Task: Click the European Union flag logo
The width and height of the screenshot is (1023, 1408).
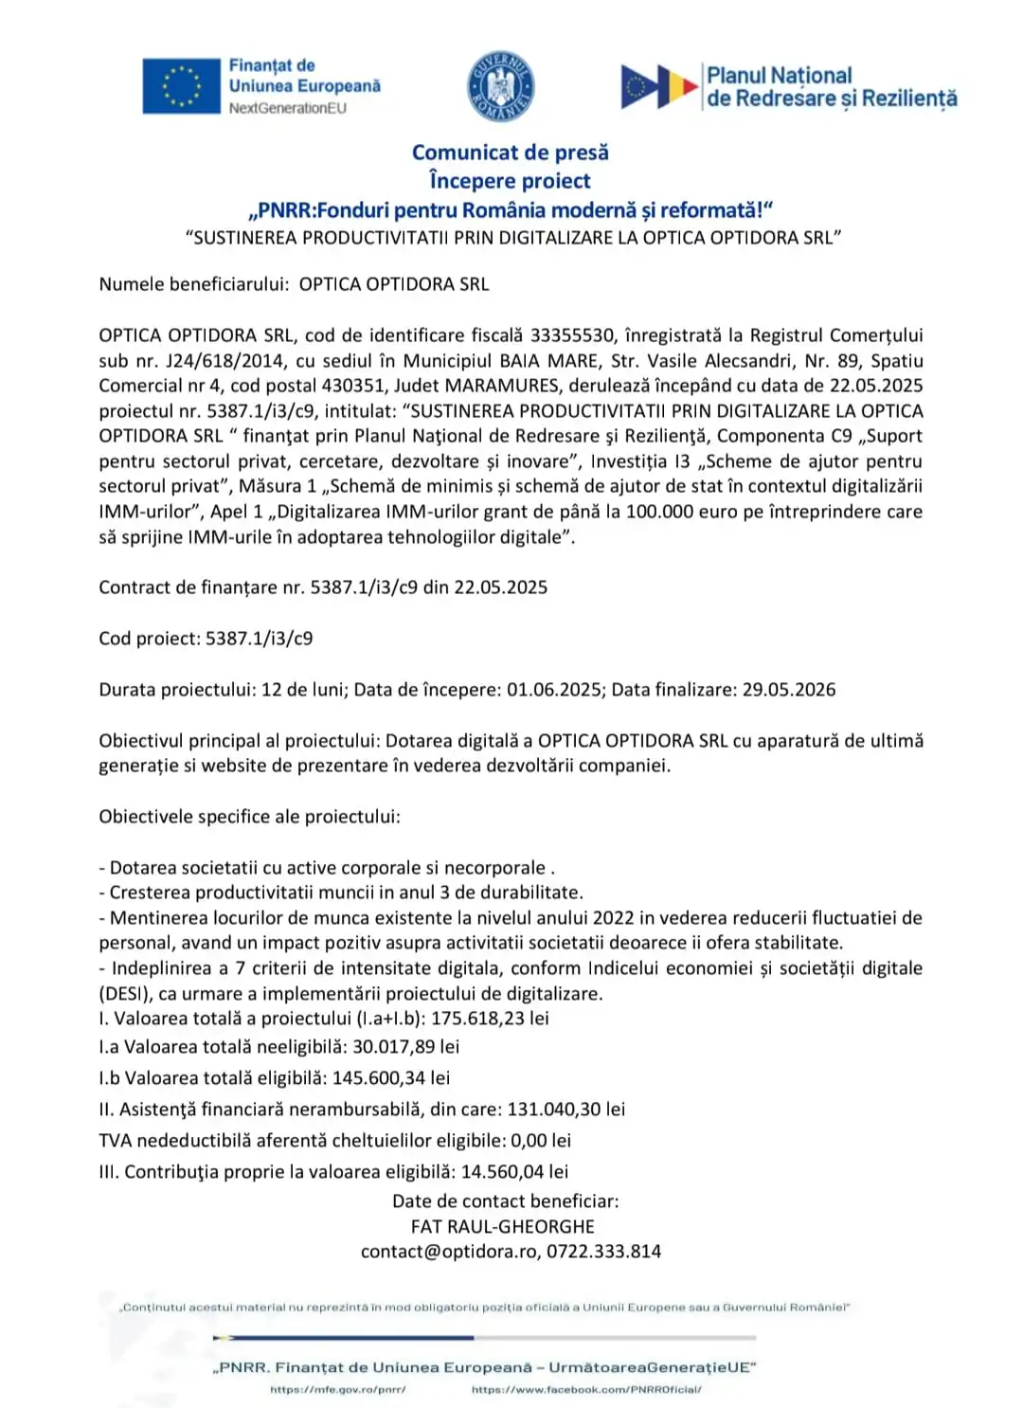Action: coord(181,86)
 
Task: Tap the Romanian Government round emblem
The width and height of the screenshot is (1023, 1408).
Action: coord(501,87)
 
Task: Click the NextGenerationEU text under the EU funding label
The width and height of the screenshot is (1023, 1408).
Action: coord(287,108)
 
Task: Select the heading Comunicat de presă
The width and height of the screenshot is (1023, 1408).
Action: coord(510,153)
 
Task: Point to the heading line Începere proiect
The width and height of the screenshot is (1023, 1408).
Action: coord(510,181)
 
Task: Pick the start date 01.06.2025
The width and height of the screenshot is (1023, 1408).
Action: coord(554,690)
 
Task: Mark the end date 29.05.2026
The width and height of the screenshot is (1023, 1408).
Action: coord(788,690)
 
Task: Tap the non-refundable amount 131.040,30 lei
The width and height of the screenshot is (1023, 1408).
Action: coord(565,1110)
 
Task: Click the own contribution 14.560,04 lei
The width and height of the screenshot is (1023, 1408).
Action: coord(514,1172)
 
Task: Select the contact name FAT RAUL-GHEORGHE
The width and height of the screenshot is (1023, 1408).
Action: coord(502,1226)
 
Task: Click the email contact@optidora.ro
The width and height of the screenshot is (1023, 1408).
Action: coord(449,1252)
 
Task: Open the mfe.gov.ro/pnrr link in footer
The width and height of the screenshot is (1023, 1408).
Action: coord(337,1390)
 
